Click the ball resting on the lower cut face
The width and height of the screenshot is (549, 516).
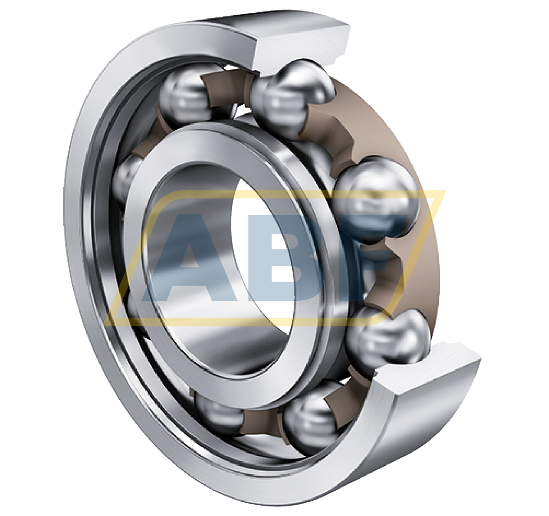click(387, 337)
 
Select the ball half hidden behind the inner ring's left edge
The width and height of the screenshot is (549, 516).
click(126, 180)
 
